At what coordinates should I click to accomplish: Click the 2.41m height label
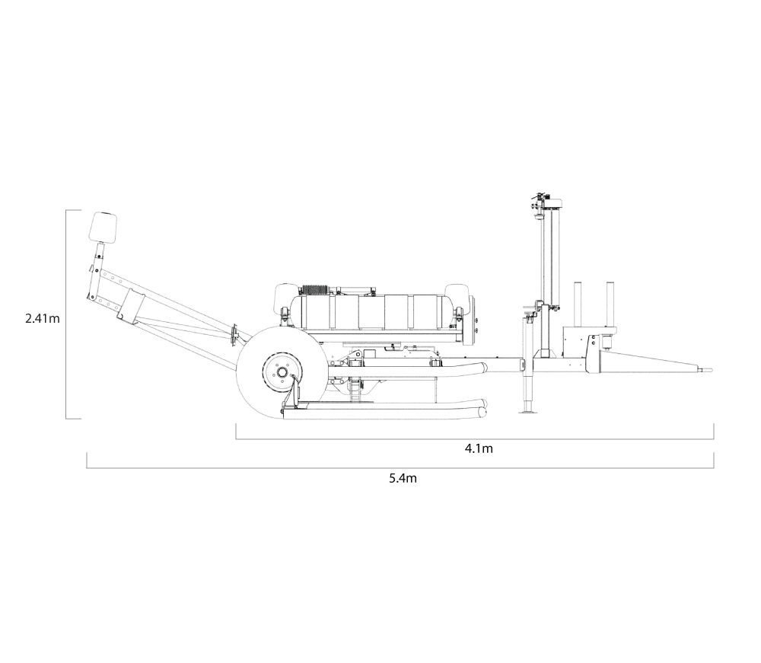[43, 319]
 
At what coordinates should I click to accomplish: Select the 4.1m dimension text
[479, 449]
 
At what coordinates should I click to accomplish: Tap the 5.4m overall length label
[403, 479]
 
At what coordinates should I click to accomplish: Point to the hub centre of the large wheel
[282, 373]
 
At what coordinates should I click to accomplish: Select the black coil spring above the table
[315, 290]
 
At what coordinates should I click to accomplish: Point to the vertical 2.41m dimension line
[66, 314]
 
